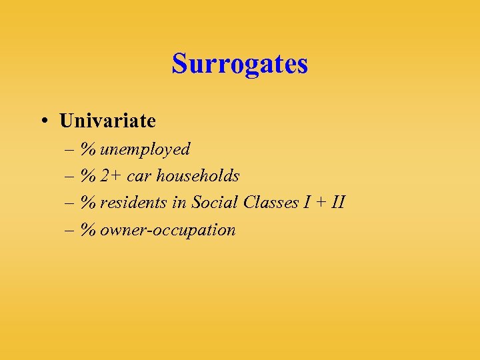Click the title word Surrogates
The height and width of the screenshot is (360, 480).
pyautogui.click(x=239, y=64)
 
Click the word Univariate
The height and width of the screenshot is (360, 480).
pyautogui.click(x=107, y=121)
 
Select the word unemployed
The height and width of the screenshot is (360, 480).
pyautogui.click(x=145, y=149)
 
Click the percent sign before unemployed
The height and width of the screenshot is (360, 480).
pyautogui.click(x=89, y=149)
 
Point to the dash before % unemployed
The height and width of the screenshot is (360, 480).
pyautogui.click(x=70, y=149)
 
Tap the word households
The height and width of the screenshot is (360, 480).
pyautogui.click(x=197, y=176)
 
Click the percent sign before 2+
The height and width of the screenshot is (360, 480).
pyautogui.click(x=89, y=176)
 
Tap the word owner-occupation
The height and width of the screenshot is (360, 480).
pyautogui.click(x=168, y=230)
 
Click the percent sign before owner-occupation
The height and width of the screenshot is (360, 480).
pyautogui.click(x=89, y=230)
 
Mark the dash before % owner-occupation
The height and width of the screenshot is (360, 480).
pyautogui.click(x=70, y=230)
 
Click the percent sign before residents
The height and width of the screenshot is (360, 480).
pyautogui.click(x=89, y=203)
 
